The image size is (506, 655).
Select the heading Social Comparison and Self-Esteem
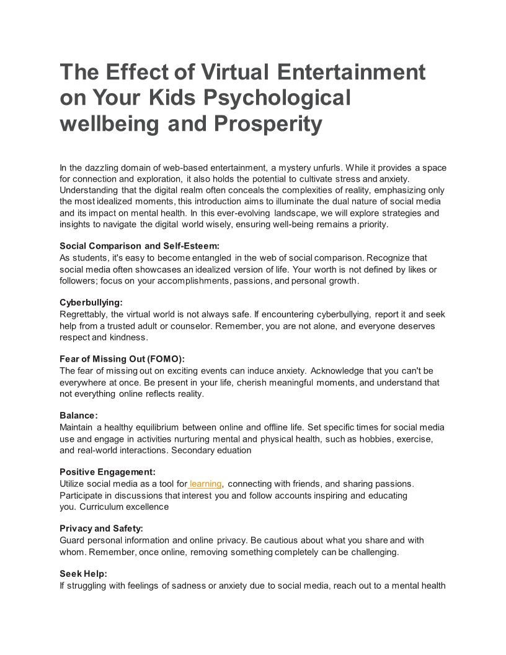pyautogui.click(x=140, y=246)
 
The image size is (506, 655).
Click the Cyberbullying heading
pyautogui.click(x=91, y=303)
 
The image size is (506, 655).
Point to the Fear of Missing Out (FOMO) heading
pyautogui.click(x=122, y=359)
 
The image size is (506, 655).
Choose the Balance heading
pyautogui.click(x=79, y=416)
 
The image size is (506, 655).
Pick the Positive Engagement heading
pyautogui.click(x=107, y=472)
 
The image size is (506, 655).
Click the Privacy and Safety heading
pyautogui.click(x=101, y=528)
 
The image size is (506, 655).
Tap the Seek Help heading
pyautogui.click(x=83, y=574)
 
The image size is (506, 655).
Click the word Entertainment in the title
pyautogui.click(x=351, y=73)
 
